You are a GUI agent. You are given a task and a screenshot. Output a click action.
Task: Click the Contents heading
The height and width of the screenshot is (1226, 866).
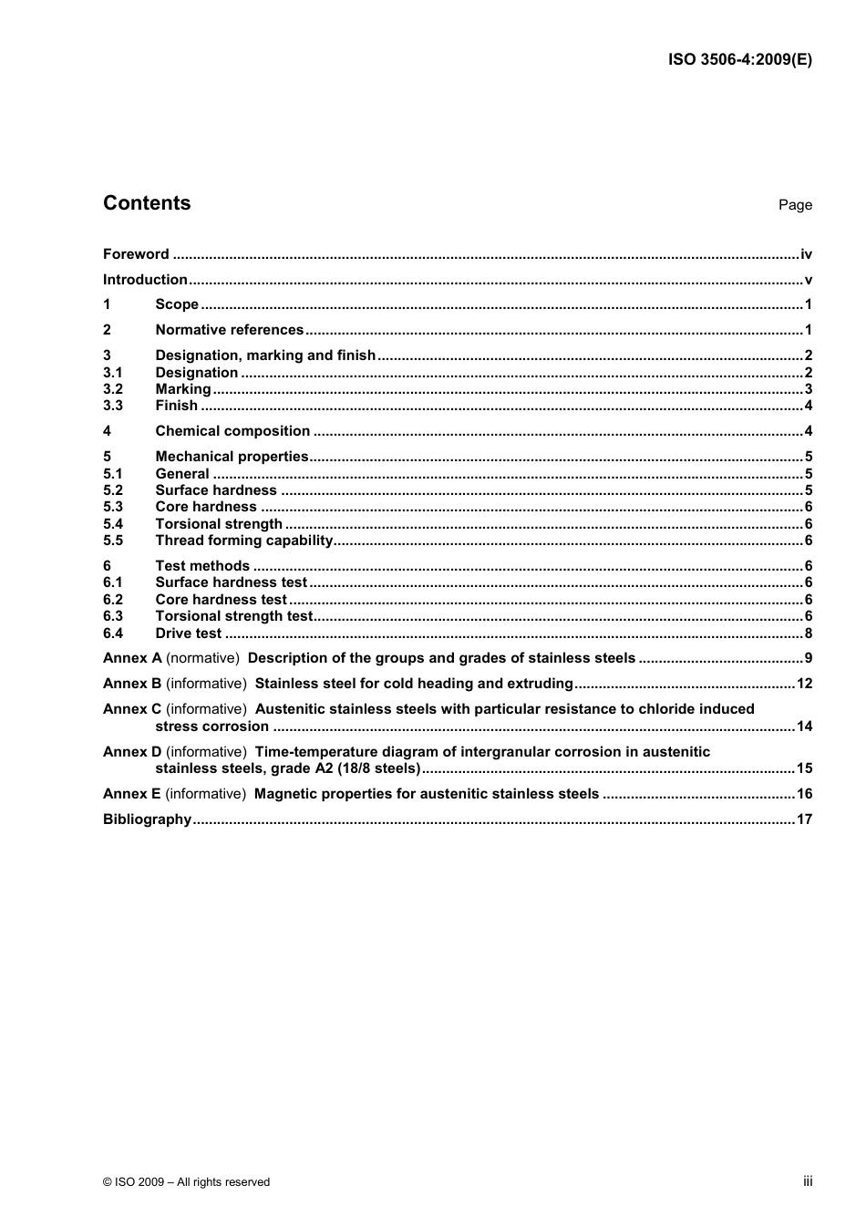(x=147, y=203)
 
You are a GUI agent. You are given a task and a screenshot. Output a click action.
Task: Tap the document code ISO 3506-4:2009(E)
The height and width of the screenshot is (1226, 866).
(x=739, y=60)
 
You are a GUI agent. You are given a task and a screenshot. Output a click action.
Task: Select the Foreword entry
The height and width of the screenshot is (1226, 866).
(x=136, y=254)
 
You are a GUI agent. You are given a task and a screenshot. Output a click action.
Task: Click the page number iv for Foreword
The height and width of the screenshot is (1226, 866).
(x=806, y=254)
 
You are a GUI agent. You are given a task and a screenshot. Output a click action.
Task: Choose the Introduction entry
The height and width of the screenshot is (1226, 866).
(x=145, y=280)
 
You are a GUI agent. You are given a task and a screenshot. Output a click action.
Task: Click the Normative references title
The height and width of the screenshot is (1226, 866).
(x=229, y=330)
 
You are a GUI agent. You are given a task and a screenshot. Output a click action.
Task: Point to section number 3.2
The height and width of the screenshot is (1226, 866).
(x=113, y=389)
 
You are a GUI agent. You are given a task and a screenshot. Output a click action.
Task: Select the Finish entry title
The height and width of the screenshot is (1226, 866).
(x=176, y=406)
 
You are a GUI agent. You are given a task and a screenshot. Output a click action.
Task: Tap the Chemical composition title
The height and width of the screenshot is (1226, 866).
(x=232, y=431)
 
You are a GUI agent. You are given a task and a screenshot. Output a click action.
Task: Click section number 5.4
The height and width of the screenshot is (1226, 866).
(x=113, y=524)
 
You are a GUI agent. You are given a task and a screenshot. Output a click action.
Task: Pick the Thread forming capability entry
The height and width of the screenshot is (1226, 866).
(x=244, y=541)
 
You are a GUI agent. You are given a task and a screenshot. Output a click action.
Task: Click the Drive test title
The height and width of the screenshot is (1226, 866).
(x=188, y=634)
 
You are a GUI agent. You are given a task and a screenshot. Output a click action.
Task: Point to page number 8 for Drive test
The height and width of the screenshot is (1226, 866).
(x=809, y=634)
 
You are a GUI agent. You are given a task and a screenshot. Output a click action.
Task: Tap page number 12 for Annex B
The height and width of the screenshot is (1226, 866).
(x=804, y=684)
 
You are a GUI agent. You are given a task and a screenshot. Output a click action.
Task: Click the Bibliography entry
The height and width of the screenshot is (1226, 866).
(x=147, y=819)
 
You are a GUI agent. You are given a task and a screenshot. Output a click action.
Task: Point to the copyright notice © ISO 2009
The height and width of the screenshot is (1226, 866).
(x=187, y=1182)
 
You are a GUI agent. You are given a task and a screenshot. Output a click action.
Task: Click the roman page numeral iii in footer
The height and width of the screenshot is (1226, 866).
(x=808, y=1181)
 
